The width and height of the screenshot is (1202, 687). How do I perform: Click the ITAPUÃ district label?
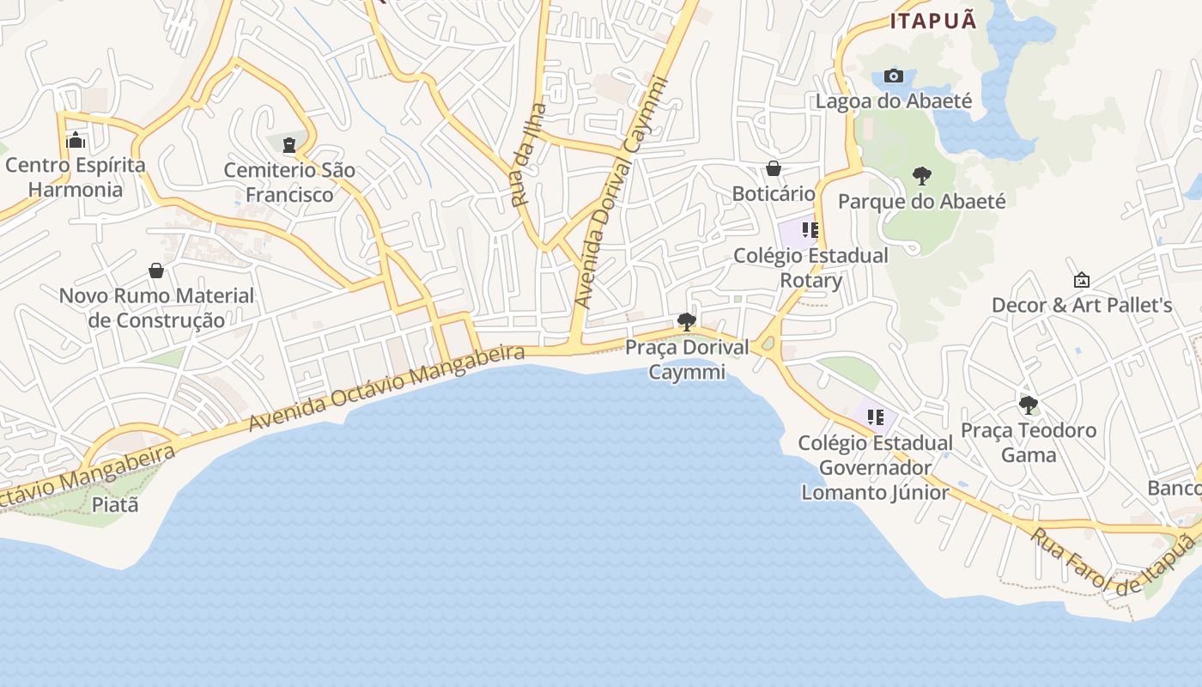[x=933, y=21]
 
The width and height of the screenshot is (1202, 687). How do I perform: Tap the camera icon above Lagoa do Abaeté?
[x=894, y=76]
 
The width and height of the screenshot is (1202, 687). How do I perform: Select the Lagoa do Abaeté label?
[x=894, y=101]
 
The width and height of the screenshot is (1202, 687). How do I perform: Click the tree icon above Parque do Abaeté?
[x=922, y=176]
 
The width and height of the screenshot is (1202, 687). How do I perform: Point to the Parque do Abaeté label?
[x=921, y=201]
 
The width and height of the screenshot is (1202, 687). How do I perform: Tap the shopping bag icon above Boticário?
[x=774, y=168]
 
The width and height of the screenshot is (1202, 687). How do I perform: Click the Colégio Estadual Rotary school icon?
[x=810, y=230]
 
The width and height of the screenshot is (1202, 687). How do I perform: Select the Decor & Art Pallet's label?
[x=1082, y=305]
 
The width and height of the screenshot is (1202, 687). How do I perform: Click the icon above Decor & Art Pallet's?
[x=1082, y=280]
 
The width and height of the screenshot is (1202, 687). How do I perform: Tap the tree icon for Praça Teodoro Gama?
[x=1029, y=405]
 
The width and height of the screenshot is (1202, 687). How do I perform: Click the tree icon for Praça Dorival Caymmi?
[x=686, y=322]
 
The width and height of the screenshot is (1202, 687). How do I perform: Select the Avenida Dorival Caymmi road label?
[x=621, y=193]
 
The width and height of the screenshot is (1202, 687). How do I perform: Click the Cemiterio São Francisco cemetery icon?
[x=289, y=144]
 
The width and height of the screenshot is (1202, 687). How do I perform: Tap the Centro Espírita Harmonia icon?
[x=76, y=139]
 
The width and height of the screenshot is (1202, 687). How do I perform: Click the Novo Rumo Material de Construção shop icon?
[x=156, y=271]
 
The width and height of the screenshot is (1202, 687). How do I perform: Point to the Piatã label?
[x=115, y=504]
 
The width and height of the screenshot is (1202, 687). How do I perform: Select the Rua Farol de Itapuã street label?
[x=1113, y=563]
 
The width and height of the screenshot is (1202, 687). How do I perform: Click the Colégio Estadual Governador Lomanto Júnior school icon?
[x=875, y=417]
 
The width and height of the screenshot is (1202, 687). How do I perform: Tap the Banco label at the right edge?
[x=1175, y=488]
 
